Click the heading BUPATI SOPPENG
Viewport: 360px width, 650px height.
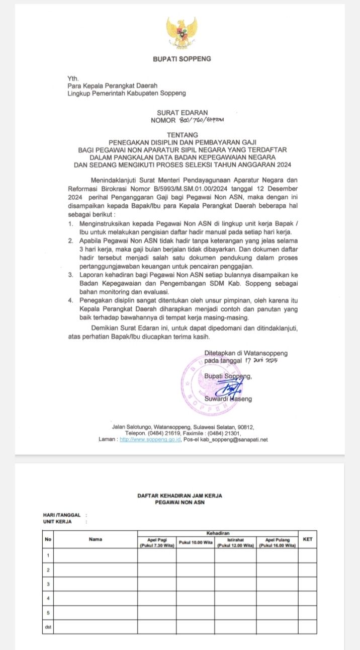[x=182, y=59]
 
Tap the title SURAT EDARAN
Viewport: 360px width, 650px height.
[x=182, y=113]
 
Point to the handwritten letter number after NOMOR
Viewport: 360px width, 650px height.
[x=201, y=120]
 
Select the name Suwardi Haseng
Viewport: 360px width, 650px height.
[x=228, y=399]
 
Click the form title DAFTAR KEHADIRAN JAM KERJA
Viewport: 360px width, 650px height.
[x=179, y=496]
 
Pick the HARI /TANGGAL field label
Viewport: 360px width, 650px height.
[x=62, y=515]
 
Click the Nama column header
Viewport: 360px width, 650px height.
[x=95, y=539]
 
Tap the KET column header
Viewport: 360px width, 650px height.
[x=308, y=539]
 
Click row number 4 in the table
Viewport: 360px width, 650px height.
[x=48, y=599]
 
